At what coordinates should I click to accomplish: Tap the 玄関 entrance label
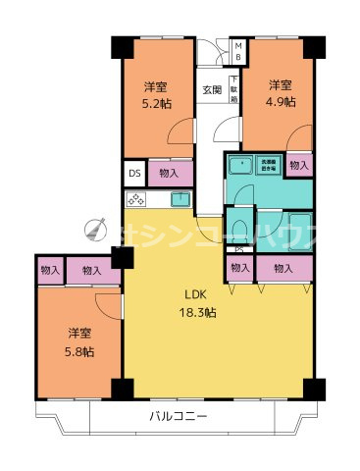pyautogui.click(x=212, y=90)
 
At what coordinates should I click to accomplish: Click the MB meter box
pyautogui.click(x=236, y=50)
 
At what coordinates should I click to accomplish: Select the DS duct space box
pyautogui.click(x=134, y=174)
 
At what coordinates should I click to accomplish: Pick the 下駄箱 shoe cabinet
pyautogui.click(x=234, y=89)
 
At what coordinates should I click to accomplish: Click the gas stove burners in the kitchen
pyautogui.click(x=135, y=200)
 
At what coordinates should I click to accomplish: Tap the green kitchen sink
pyautogui.click(x=180, y=200)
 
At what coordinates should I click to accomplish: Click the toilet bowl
pyautogui.click(x=238, y=229)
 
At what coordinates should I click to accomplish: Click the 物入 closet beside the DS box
pyautogui.click(x=168, y=174)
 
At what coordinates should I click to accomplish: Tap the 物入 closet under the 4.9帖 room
pyautogui.click(x=300, y=166)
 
